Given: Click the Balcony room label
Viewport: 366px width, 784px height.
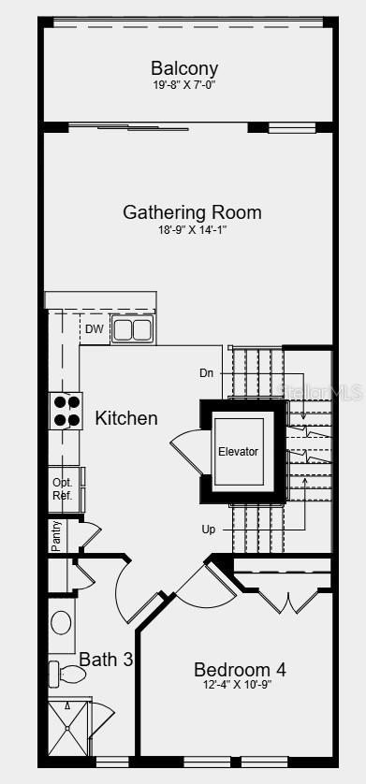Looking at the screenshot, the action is [184, 68].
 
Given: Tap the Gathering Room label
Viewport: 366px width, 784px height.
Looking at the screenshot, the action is [192, 212].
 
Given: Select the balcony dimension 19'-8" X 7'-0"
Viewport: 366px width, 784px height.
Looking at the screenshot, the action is [184, 85].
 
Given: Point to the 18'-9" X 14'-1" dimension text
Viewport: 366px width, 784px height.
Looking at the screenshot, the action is [192, 230].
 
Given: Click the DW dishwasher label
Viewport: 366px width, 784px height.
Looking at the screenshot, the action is [94, 329].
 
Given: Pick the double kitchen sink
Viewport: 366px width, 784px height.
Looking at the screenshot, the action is [133, 329].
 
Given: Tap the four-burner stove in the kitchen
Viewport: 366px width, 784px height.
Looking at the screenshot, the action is [66, 411].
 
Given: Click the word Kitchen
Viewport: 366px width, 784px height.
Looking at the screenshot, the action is [126, 418].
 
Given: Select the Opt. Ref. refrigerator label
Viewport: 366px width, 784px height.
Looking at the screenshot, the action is [63, 489].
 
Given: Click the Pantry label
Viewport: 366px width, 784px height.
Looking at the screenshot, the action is [57, 535].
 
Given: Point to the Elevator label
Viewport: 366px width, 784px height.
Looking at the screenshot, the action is [238, 452].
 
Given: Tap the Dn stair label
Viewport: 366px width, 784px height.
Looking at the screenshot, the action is [207, 373].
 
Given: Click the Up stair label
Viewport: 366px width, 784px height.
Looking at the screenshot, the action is [209, 530].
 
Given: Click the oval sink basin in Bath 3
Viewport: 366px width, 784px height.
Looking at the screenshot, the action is [61, 623].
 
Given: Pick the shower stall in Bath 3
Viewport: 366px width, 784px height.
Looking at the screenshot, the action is [68, 728].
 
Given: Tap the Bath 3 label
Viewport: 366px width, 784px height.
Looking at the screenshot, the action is [106, 660].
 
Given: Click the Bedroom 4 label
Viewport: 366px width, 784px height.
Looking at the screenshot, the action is [240, 669].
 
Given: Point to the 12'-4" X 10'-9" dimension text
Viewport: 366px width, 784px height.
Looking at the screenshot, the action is [240, 685].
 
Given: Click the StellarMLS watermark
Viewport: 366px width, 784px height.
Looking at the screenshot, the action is [320, 392].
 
